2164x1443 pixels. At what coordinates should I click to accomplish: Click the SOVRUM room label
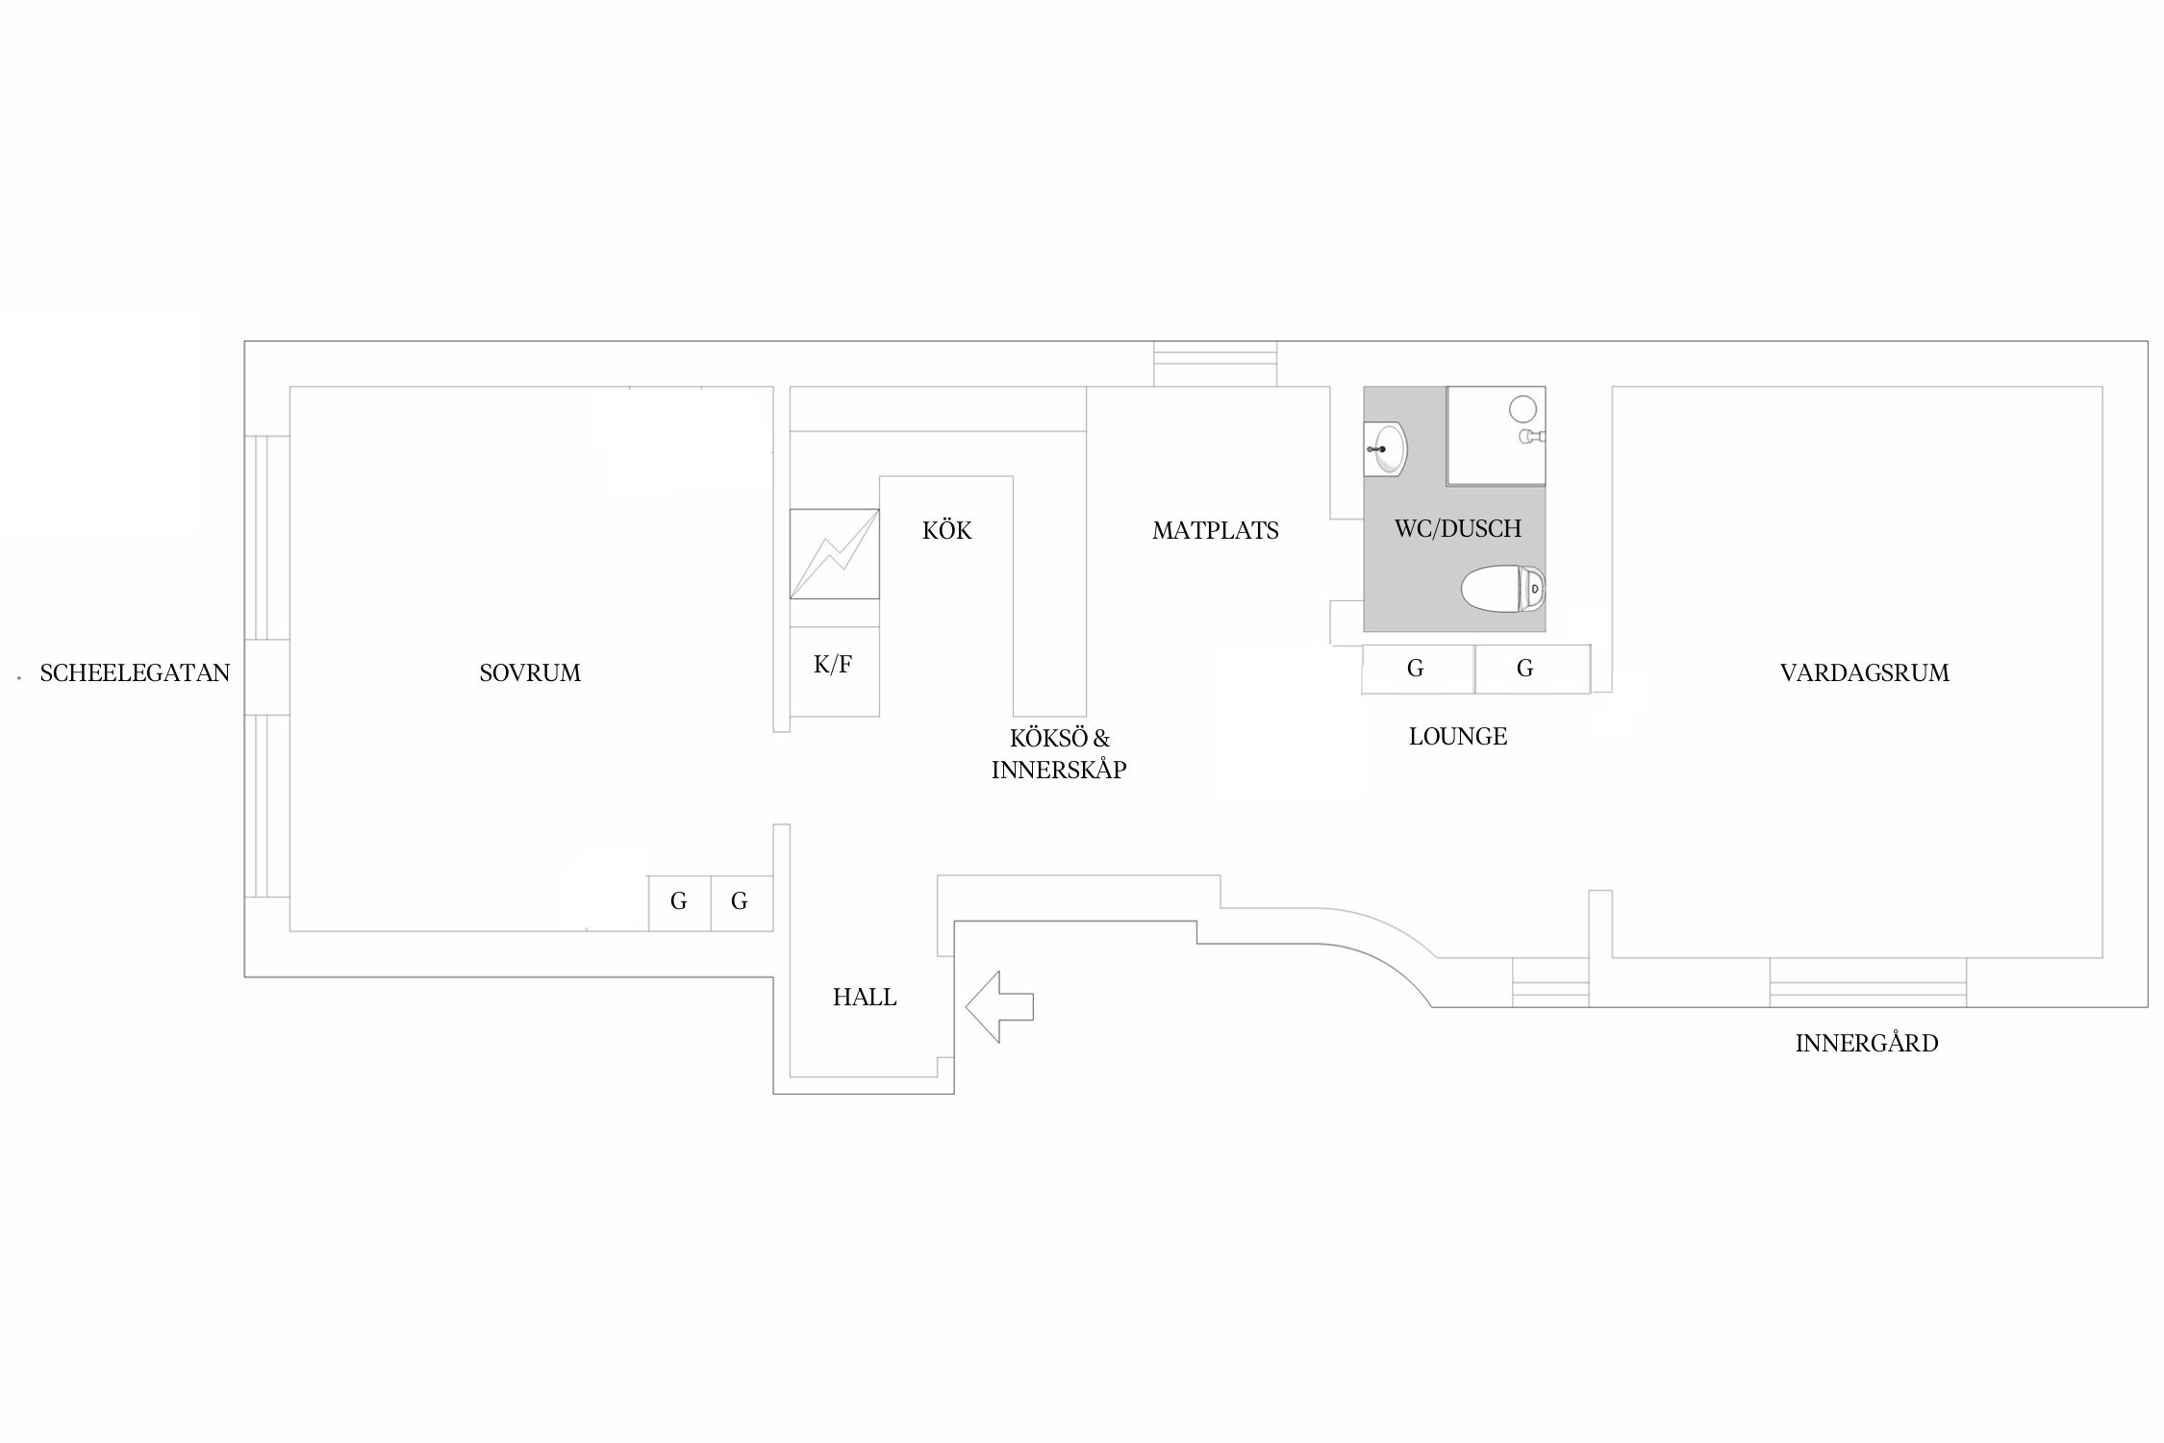[530, 673]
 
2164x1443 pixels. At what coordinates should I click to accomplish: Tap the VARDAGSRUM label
[1865, 673]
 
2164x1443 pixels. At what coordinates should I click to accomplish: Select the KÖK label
[947, 530]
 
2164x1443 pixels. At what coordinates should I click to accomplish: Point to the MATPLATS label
[1216, 531]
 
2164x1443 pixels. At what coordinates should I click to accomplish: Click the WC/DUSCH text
[1458, 528]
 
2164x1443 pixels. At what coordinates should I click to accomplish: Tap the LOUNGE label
[1458, 737]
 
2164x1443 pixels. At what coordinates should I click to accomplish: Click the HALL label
[865, 998]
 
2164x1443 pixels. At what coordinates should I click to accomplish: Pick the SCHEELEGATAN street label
[135, 673]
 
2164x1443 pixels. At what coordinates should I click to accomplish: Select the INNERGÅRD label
[1867, 1043]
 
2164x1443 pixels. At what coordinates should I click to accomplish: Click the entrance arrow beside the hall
[999, 1007]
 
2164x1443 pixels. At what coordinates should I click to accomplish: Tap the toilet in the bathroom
[1502, 589]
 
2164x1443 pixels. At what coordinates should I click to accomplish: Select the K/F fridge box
[835, 671]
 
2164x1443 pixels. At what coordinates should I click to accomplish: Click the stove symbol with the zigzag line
[835, 554]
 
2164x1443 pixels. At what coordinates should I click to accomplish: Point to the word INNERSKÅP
[1059, 770]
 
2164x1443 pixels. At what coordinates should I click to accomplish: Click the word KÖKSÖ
[1048, 738]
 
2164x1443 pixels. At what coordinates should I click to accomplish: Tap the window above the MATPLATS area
[1216, 364]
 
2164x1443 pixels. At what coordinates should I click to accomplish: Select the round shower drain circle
[1522, 409]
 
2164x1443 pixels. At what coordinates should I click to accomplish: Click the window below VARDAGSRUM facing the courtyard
[1868, 982]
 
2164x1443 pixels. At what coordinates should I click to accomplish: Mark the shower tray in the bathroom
[1497, 436]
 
